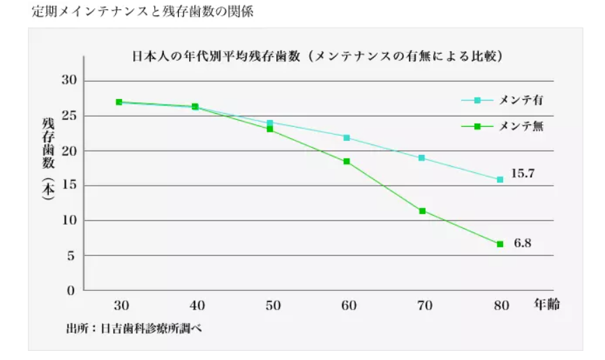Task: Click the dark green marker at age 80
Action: pos(500,244)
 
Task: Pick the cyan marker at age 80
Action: pos(500,179)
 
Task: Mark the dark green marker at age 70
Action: pos(422,211)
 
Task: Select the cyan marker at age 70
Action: pos(422,158)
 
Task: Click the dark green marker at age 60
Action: pos(347,161)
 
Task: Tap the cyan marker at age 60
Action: pos(347,137)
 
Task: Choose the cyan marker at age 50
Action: pos(270,123)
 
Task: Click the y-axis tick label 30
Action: pos(70,81)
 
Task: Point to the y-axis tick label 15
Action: pos(70,186)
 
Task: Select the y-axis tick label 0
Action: pos(72,290)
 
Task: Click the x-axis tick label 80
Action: pos(500,306)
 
